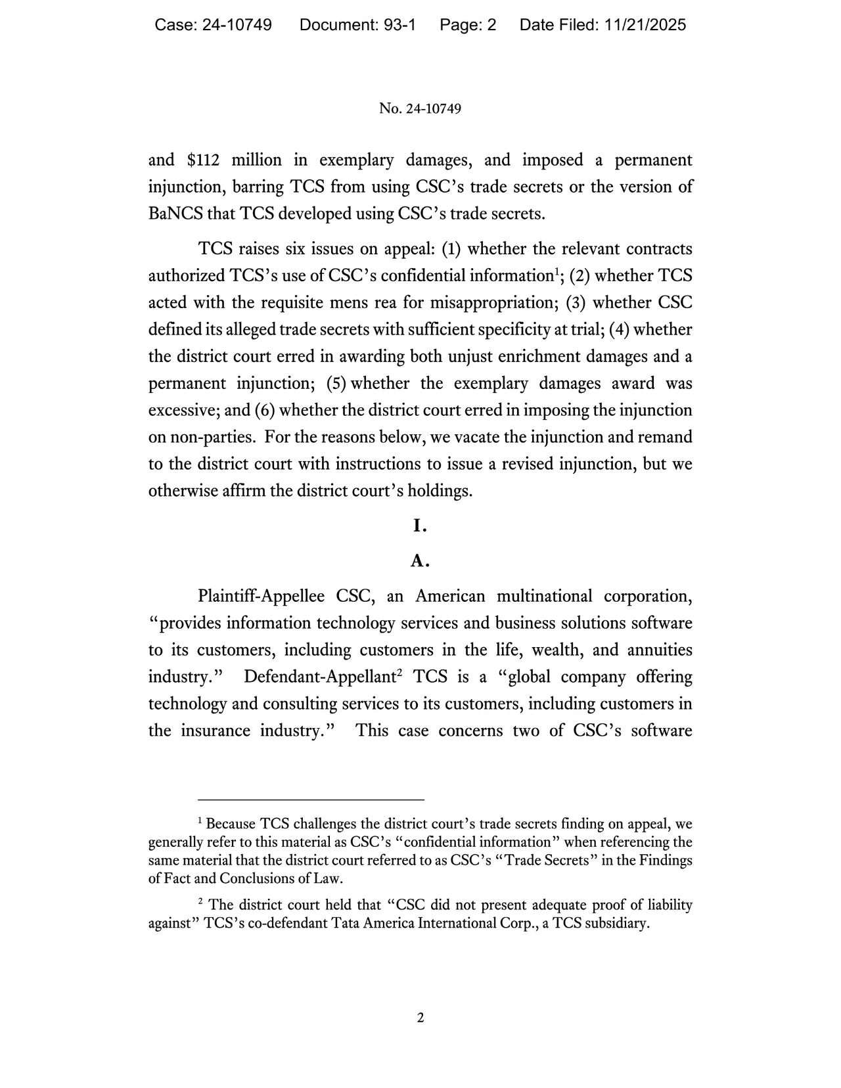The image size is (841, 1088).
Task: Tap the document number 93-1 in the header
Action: (x=398, y=25)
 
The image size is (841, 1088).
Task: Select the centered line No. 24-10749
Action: (x=420, y=108)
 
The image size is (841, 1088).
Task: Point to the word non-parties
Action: (x=212, y=438)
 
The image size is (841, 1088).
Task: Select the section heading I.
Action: (x=420, y=526)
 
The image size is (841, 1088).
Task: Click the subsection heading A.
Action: (x=420, y=561)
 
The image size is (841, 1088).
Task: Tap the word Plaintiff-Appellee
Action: (x=261, y=597)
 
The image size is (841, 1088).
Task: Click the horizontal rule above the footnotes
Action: (x=311, y=800)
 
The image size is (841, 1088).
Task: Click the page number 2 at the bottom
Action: (x=420, y=1018)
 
